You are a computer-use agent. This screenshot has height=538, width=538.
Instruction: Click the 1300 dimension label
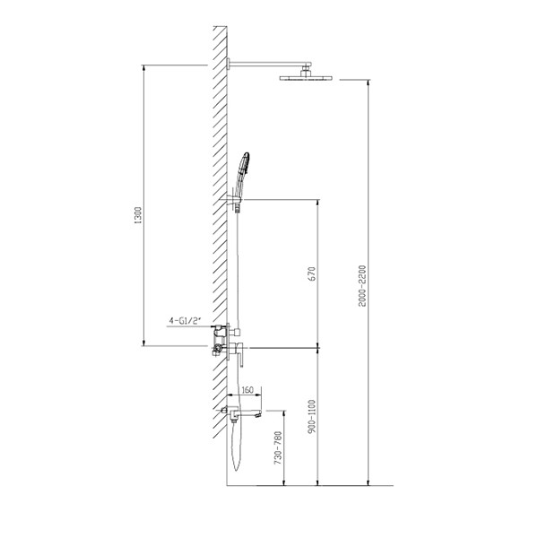coord(138,216)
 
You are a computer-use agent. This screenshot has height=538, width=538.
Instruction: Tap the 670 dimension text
coord(312,273)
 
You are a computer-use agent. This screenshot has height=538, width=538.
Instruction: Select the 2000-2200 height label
coord(362,286)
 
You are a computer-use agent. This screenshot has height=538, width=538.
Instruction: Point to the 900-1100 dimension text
coord(312,416)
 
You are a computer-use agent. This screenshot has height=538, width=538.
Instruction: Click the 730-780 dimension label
coord(278,448)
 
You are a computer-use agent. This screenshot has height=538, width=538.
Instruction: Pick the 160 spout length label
coord(247,390)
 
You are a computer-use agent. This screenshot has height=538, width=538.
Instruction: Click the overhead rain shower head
coord(306,78)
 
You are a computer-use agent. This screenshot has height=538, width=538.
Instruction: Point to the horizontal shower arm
coord(269,64)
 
